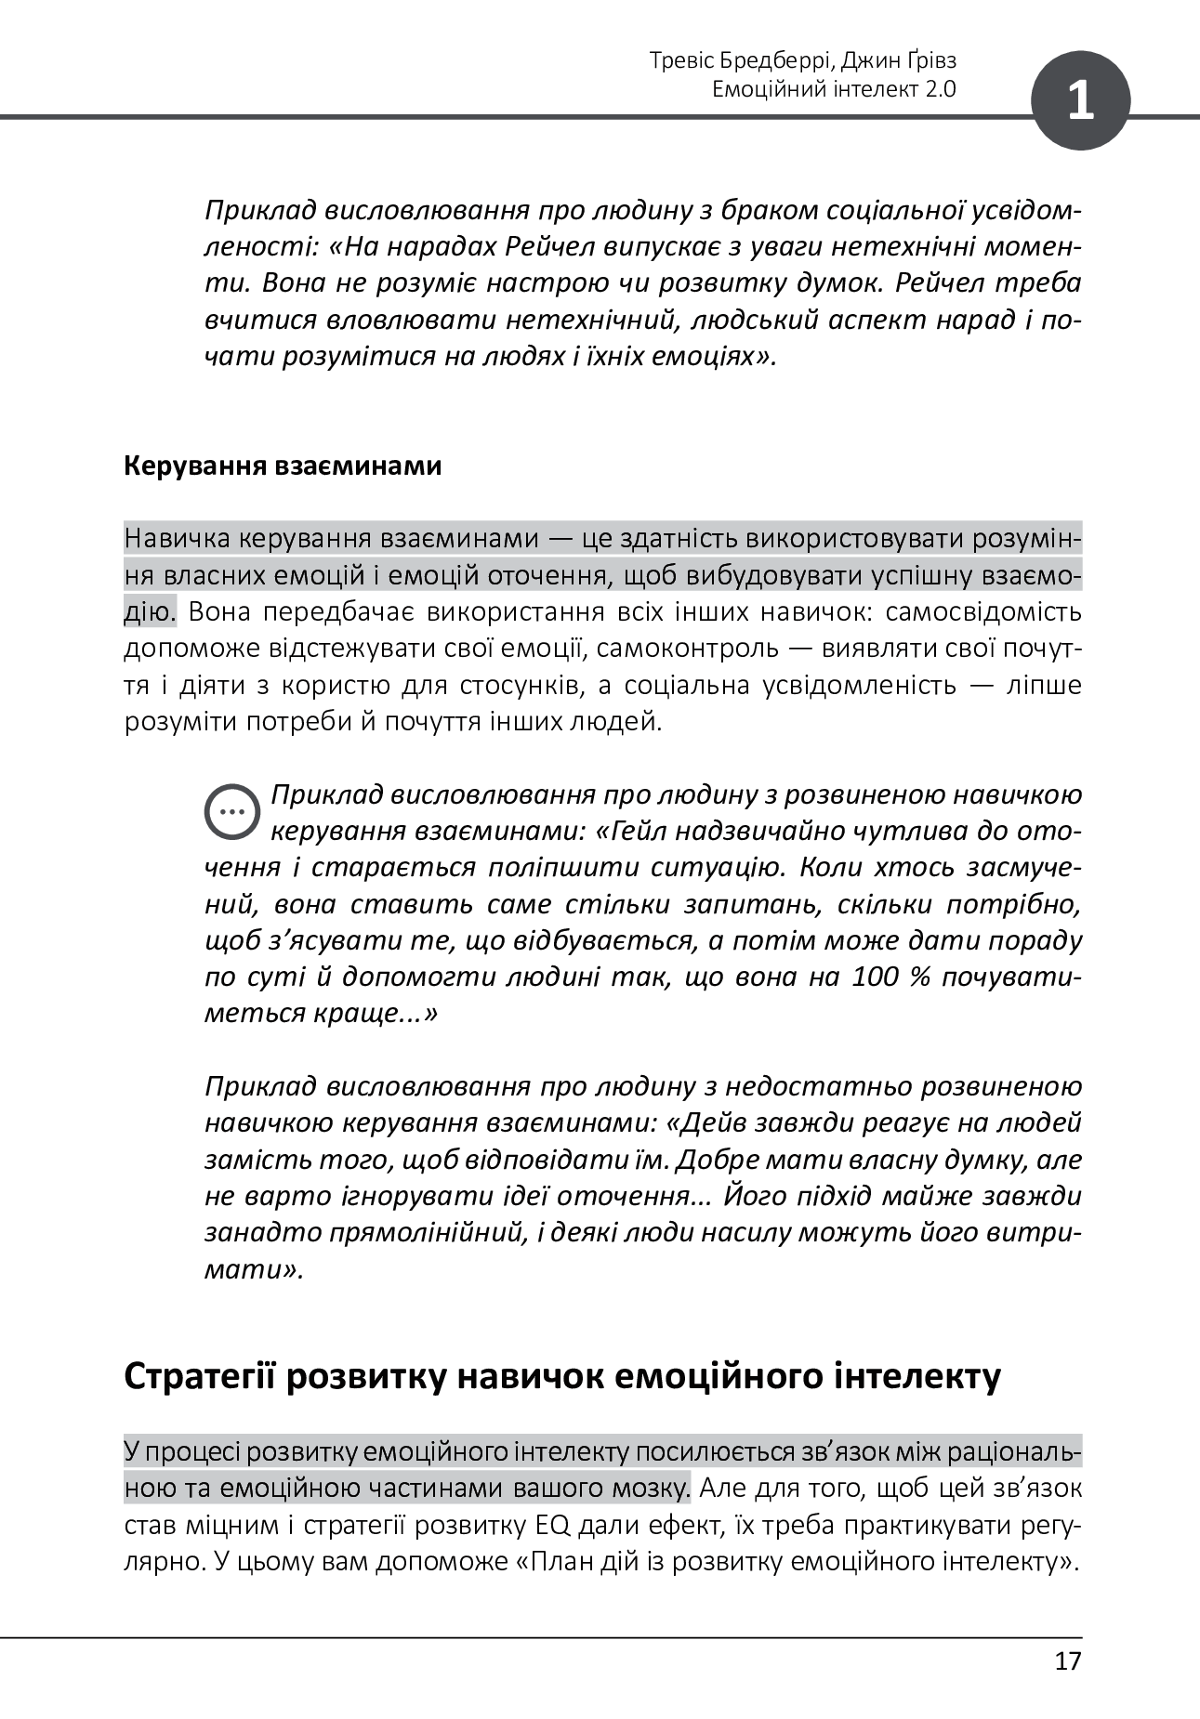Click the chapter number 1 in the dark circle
pyautogui.click(x=1080, y=100)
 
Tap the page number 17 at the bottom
pyautogui.click(x=1068, y=1660)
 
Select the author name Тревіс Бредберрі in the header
pyautogui.click(x=743, y=61)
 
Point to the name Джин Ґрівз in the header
pyautogui.click(x=902, y=61)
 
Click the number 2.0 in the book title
pyautogui.click(x=941, y=89)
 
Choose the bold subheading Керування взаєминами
pyautogui.click(x=283, y=466)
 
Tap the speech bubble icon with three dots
pyautogui.click(x=231, y=810)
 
